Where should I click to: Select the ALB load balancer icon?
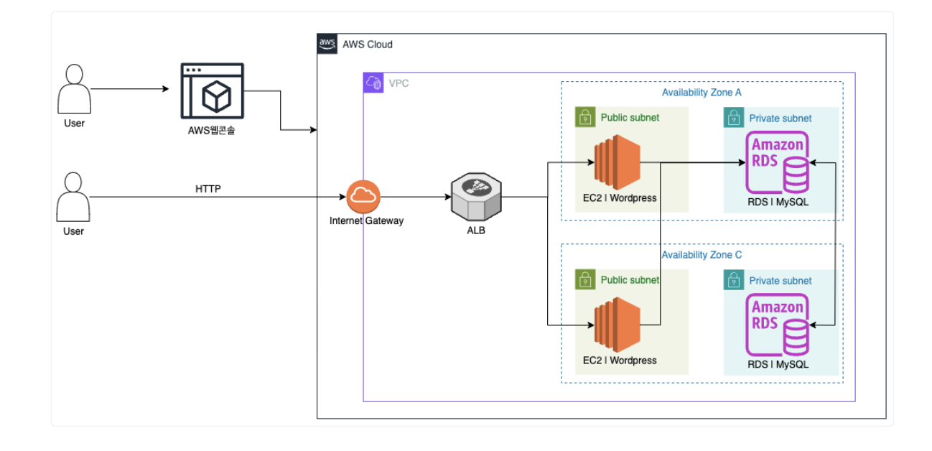pos(476,197)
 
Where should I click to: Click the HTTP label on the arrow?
pos(209,190)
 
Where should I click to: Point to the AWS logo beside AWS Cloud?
pos(327,44)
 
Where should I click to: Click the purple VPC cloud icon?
pos(373,83)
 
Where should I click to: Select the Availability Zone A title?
pos(702,93)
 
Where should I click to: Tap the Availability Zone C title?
pos(702,255)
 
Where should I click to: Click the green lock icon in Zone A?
pos(586,117)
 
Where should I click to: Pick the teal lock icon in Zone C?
pos(734,280)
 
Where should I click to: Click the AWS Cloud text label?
pos(368,45)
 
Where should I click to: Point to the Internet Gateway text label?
pos(366,221)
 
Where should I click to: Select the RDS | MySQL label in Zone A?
pos(778,202)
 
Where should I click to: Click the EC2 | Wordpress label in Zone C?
pos(620,361)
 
